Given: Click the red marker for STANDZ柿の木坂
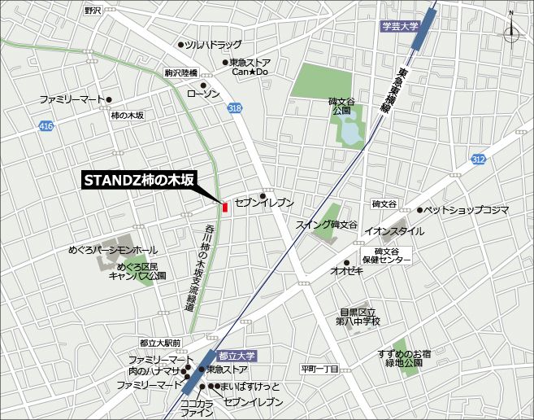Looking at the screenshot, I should point(224,205).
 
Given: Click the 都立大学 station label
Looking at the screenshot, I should point(237,356).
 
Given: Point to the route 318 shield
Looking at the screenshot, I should point(235,108).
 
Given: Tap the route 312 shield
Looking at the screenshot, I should point(501,159).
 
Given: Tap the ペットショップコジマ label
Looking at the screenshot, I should point(467,210).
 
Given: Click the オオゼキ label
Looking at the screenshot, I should point(346,271).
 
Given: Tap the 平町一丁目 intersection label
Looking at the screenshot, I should point(319,368).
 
